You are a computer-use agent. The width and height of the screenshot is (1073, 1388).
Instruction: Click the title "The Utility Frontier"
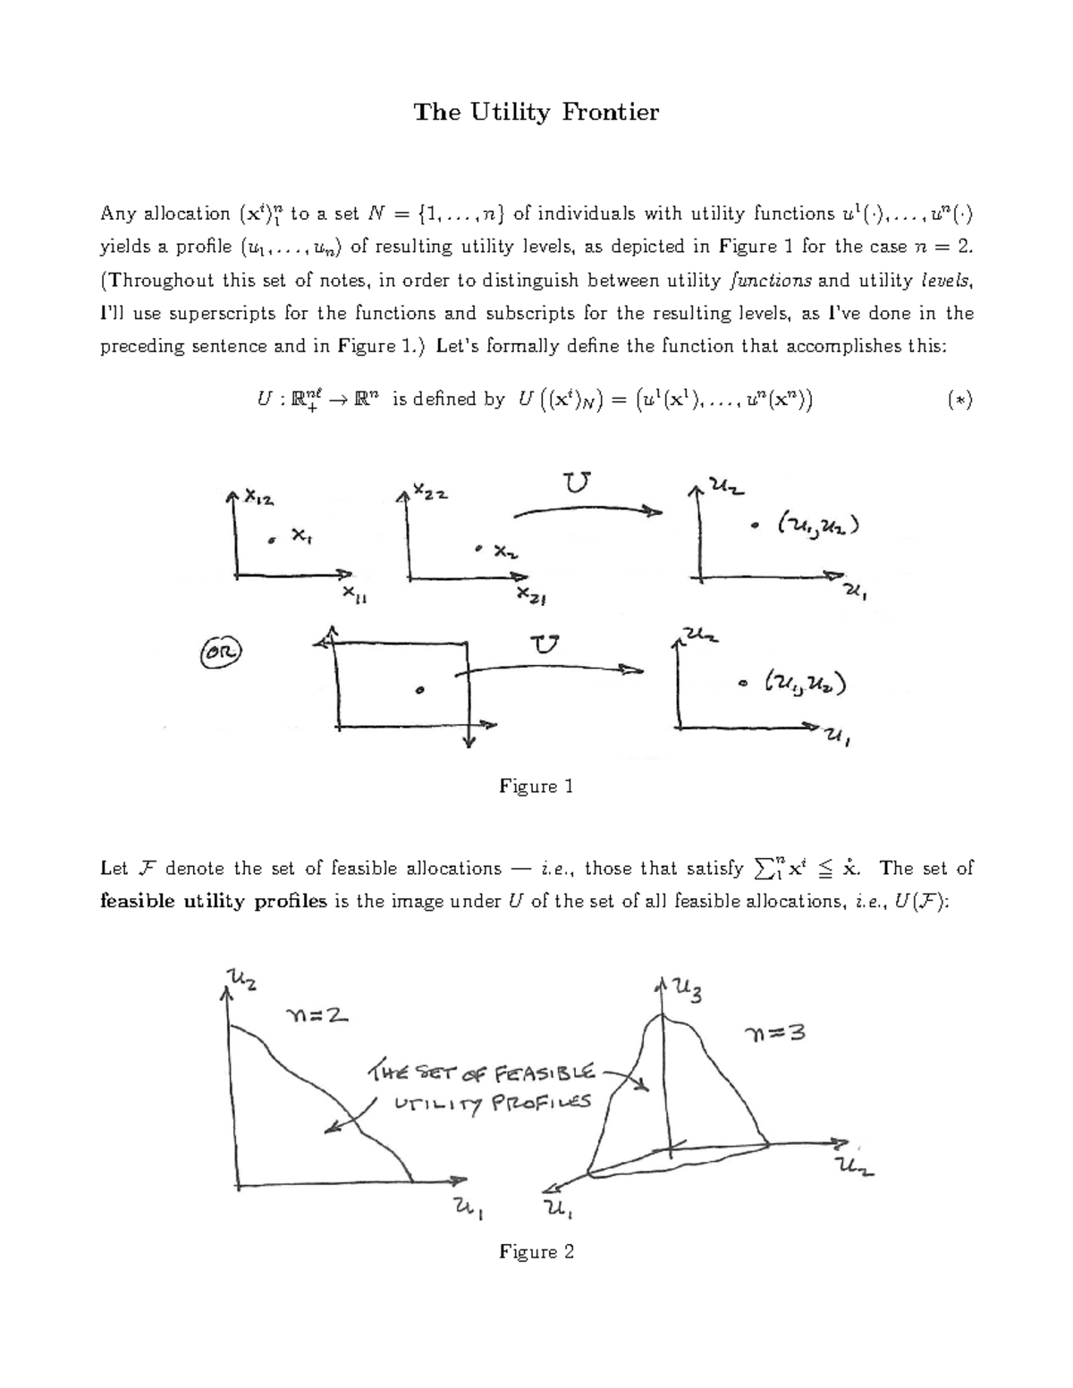pos(536,113)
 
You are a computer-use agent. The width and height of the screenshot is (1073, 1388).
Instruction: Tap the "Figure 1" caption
pos(536,787)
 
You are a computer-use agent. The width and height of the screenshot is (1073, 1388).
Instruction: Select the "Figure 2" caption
pos(536,1251)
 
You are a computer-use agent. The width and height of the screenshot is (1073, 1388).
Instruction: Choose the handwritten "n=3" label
pos(775,1034)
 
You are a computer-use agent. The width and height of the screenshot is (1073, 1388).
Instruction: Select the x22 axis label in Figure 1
pos(430,492)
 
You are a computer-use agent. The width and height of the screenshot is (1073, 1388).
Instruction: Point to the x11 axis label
pos(355,597)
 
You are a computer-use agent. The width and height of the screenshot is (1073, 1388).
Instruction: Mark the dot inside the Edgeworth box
pos(419,690)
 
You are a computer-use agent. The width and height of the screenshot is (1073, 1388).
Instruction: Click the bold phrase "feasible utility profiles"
pos(214,901)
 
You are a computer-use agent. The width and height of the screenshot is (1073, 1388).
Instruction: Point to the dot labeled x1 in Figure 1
pos(271,540)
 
